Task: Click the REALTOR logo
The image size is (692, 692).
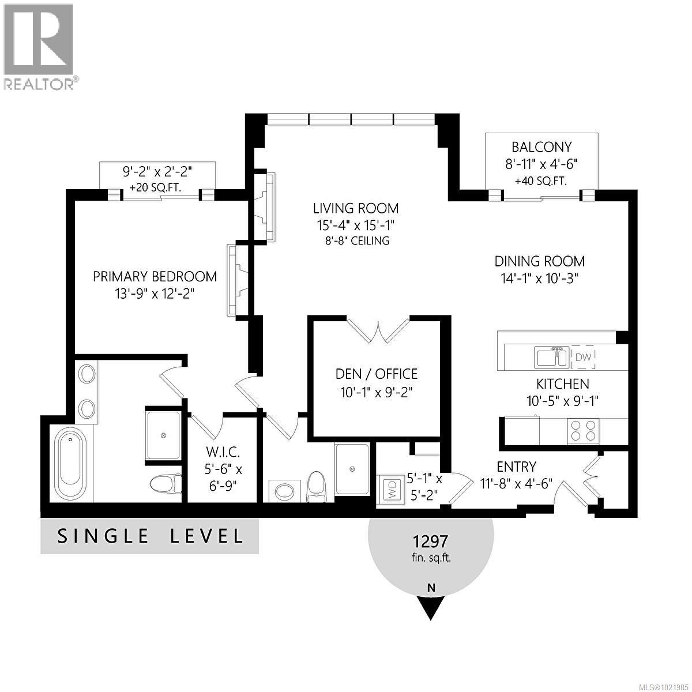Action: point(39,46)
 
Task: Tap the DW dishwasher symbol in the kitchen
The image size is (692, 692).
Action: point(583,358)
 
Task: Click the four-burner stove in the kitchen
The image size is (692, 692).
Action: point(583,430)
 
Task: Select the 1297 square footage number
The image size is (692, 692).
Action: point(430,541)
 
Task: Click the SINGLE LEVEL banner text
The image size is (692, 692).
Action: point(150,536)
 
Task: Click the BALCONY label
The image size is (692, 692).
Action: point(541,147)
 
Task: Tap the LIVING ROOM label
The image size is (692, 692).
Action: point(356,208)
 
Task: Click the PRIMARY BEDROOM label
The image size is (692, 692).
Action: point(155,276)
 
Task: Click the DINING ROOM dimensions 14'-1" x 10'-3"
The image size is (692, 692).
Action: point(539,278)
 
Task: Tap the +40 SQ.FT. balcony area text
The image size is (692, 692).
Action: point(541,180)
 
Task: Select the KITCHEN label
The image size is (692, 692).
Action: point(562,384)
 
